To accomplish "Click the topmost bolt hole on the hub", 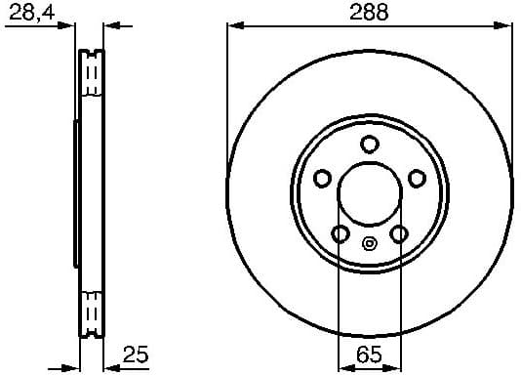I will [x=369, y=145].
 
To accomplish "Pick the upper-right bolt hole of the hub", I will [x=417, y=178].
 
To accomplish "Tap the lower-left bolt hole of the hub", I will [x=340, y=234].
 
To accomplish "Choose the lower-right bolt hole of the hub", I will [x=398, y=234].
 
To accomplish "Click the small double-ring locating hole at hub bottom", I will [x=369, y=244].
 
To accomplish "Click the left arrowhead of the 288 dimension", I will [x=233, y=26].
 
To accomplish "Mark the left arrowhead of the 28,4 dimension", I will [x=70, y=26].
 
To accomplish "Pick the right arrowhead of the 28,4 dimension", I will [x=110, y=26].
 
